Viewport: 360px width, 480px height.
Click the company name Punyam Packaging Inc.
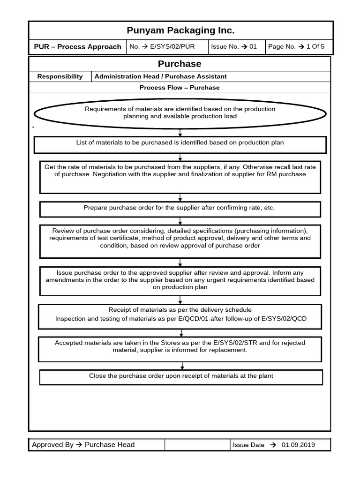(x=180, y=30)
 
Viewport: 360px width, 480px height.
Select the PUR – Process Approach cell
(x=78, y=47)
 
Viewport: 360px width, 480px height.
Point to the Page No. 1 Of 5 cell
(x=299, y=47)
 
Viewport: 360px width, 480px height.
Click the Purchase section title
(x=180, y=64)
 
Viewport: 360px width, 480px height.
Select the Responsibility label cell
(x=60, y=76)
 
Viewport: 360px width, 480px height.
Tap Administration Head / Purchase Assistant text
(x=160, y=76)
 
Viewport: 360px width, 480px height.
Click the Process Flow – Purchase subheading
(x=180, y=88)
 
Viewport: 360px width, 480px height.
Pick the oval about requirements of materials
(x=180, y=113)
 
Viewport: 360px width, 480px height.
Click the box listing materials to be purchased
(x=180, y=144)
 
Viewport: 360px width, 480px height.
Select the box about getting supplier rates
(x=180, y=177)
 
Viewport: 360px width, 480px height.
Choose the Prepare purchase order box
(x=180, y=209)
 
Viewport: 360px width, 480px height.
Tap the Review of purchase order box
(x=180, y=241)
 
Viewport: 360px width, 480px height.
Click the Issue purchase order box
(x=180, y=281)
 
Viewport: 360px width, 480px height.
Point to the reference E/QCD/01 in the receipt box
(x=194, y=319)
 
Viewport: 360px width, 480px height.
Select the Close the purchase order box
(x=181, y=377)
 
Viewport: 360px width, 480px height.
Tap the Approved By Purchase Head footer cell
(x=97, y=445)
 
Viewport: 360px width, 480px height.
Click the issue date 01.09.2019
(x=298, y=445)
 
